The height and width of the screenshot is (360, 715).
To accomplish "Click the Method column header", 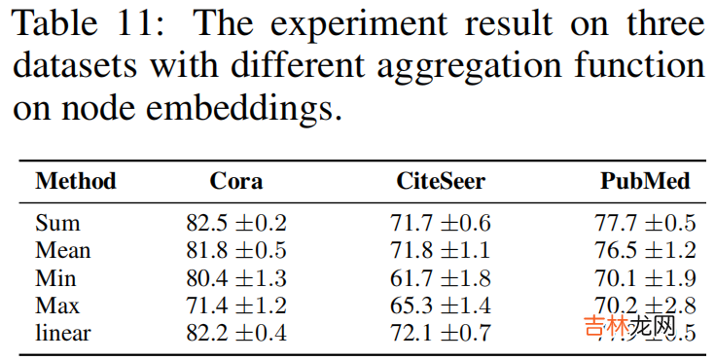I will click(x=75, y=181).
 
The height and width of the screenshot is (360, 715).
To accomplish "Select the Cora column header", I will click(x=236, y=181).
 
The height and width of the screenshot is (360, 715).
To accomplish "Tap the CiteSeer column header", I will click(x=441, y=181).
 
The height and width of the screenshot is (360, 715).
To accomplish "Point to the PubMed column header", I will click(x=645, y=181).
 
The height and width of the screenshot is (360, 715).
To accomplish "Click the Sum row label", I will click(x=57, y=223).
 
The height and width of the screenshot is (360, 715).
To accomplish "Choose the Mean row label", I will click(x=63, y=250).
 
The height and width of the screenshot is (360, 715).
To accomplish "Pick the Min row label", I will click(x=56, y=278).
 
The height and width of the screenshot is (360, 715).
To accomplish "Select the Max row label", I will click(x=58, y=306).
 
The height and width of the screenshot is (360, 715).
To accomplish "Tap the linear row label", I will click(x=63, y=333).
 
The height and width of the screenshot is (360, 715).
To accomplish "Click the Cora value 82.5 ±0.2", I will click(x=236, y=223).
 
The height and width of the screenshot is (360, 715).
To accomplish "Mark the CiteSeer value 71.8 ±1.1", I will click(x=441, y=250).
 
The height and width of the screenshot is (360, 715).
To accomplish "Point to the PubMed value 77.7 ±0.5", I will click(x=645, y=223).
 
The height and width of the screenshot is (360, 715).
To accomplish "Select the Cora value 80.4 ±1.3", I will click(x=236, y=278).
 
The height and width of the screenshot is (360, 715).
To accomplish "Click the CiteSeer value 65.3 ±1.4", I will click(x=441, y=306).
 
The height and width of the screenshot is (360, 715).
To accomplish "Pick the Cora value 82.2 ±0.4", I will click(x=236, y=333).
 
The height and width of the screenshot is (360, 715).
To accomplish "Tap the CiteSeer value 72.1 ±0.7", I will click(x=441, y=333).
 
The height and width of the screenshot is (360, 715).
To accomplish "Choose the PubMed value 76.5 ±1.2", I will click(x=645, y=250).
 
